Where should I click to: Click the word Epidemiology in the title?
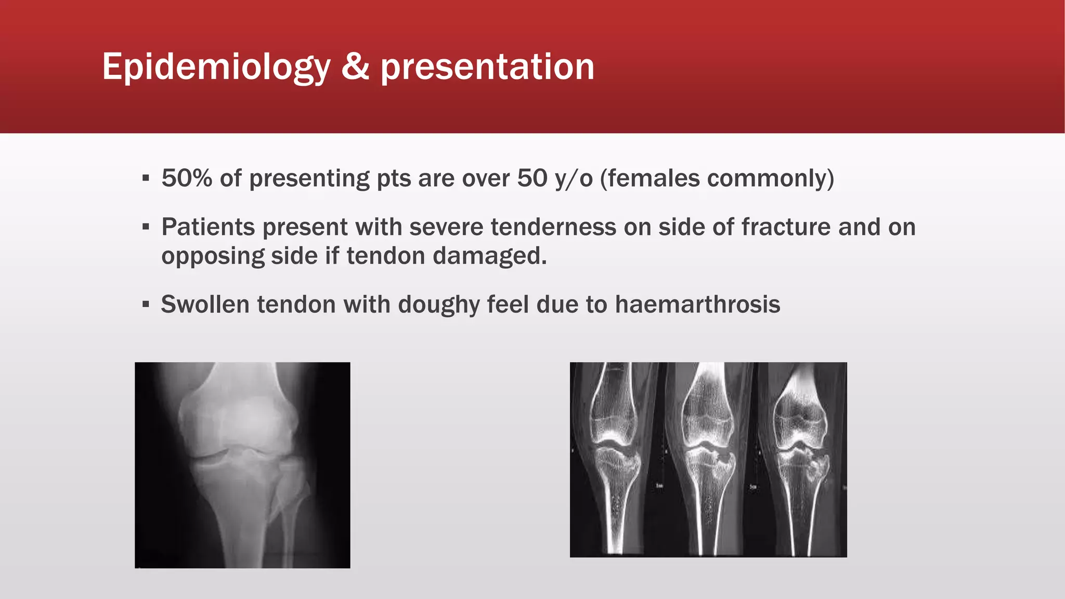pyautogui.click(x=216, y=68)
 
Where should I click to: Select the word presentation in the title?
pyautogui.click(x=487, y=68)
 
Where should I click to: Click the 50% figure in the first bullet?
pyautogui.click(x=187, y=178)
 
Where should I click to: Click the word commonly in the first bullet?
pyautogui.click(x=767, y=178)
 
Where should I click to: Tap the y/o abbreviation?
pyautogui.click(x=574, y=178)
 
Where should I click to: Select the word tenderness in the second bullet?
pyautogui.click(x=553, y=227)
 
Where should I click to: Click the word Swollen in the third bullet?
pyautogui.click(x=205, y=304)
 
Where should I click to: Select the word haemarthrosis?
pyautogui.click(x=697, y=304)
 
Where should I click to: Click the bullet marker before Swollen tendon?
pyautogui.click(x=146, y=304)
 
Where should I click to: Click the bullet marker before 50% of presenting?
pyautogui.click(x=146, y=178)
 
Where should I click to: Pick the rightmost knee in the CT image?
pyautogui.click(x=800, y=447)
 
